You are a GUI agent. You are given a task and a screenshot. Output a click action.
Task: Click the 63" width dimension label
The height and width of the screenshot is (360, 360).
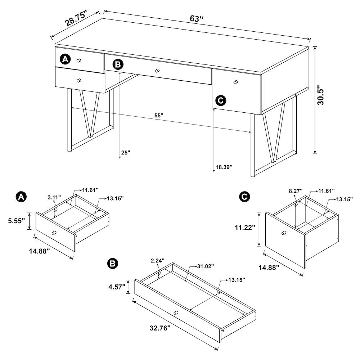point(197,19)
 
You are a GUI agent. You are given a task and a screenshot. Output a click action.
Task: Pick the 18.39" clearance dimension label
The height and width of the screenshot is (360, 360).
point(224,167)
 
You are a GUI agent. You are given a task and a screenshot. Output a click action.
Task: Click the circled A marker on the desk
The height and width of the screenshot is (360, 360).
point(65,59)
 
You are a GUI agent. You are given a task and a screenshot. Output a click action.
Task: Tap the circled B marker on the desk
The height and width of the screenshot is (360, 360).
point(118,64)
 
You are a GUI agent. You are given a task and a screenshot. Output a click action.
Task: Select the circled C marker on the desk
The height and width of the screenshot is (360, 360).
point(220,100)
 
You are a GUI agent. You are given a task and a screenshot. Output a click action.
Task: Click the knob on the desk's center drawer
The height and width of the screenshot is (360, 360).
point(157,71)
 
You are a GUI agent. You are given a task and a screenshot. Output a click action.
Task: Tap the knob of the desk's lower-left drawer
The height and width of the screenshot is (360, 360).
point(79,80)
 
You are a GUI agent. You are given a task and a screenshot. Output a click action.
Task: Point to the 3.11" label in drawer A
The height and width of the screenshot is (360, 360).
point(54,197)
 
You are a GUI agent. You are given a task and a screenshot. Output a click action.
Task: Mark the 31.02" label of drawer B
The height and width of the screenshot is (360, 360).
point(206,266)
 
